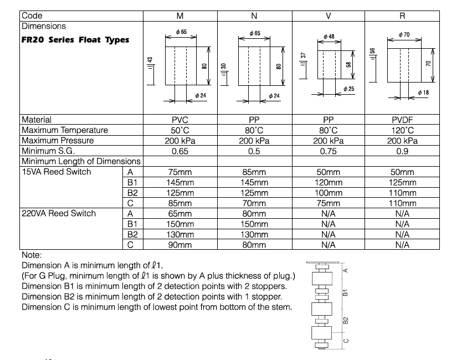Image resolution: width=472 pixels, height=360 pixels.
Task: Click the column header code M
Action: click(180, 16)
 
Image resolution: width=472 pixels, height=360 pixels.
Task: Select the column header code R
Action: click(402, 16)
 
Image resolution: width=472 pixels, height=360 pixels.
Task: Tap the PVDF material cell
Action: click(402, 120)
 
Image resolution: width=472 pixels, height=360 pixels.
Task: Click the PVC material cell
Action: click(180, 120)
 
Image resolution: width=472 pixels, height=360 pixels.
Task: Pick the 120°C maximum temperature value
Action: click(402, 130)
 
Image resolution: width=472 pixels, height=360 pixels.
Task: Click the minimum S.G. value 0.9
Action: click(402, 151)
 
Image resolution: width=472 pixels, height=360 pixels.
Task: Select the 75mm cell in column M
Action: click(180, 172)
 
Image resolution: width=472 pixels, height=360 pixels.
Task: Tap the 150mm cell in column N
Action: click(254, 224)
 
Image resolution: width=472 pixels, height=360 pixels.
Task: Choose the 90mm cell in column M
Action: click(180, 245)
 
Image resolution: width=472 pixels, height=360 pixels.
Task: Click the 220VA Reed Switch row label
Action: click(59, 214)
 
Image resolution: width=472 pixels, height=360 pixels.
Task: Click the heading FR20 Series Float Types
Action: click(75, 40)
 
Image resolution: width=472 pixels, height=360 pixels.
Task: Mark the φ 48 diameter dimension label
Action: click(329, 37)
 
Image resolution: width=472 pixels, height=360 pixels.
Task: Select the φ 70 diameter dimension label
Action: click(404, 35)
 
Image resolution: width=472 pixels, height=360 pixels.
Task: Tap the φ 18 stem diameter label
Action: click(423, 92)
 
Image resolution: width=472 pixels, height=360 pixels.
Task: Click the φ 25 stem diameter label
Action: click(348, 89)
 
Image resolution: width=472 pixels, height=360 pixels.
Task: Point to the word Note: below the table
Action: click(32, 255)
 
